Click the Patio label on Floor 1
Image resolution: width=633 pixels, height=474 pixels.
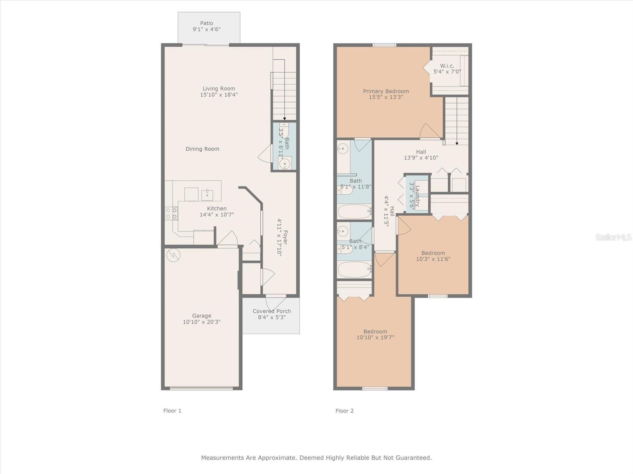[x=207, y=23]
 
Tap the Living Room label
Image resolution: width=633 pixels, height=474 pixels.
[x=219, y=88]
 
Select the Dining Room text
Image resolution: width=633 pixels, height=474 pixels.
[x=202, y=149]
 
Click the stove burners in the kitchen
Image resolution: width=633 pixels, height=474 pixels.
[x=171, y=214]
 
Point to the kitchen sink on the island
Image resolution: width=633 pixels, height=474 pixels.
[x=207, y=195]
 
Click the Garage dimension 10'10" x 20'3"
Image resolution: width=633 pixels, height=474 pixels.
[x=202, y=322]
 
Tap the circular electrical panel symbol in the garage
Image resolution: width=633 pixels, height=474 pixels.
[x=174, y=255]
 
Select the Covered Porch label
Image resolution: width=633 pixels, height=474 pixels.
[x=272, y=311]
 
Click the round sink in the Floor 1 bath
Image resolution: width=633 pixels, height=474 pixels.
[x=285, y=164]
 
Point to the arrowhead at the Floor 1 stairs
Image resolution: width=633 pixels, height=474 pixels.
[x=284, y=118]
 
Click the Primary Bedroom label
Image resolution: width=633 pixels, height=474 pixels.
[x=386, y=91]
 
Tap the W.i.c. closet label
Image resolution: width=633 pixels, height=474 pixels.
[x=447, y=66]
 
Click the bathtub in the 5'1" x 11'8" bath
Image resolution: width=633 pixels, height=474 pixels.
[x=354, y=212]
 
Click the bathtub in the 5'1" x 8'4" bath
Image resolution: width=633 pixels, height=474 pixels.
[x=354, y=270]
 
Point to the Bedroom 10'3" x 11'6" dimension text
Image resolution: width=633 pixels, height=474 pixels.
[x=433, y=259]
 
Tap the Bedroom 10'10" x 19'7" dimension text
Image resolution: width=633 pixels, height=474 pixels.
[x=375, y=337]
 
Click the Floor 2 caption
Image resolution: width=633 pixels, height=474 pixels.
[x=344, y=411]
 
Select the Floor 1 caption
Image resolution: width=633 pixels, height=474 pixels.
[x=172, y=411]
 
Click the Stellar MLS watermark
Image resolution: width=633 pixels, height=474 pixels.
[x=613, y=237]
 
